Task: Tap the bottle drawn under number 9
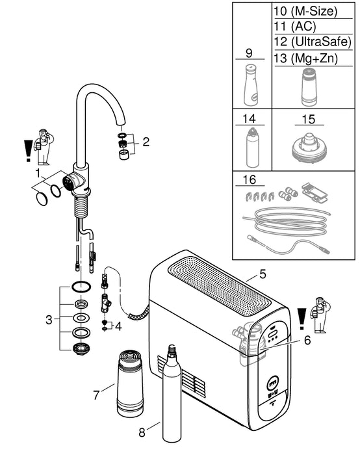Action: point(250,85)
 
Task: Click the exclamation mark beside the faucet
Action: point(27,151)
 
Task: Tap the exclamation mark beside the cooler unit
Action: point(301,320)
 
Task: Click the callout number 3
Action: point(48,319)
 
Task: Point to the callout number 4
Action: point(118,326)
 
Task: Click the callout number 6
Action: point(307,339)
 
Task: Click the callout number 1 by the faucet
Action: point(38,174)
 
